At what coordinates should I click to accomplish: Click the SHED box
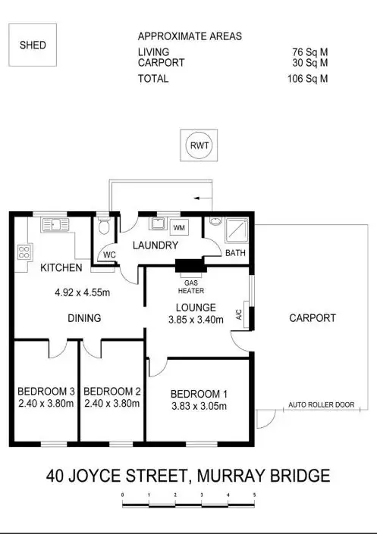pyautogui.click(x=33, y=45)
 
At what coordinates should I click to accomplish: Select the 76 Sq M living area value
pyautogui.click(x=311, y=52)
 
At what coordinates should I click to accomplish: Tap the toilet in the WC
pyautogui.click(x=104, y=227)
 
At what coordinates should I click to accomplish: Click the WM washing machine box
pyautogui.click(x=179, y=227)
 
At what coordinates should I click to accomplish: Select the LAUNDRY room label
pyautogui.click(x=156, y=245)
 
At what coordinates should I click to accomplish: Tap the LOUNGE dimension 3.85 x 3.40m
pyautogui.click(x=196, y=320)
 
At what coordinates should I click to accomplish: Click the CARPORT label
pyautogui.click(x=312, y=318)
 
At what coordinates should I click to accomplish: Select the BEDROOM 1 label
pyautogui.click(x=198, y=394)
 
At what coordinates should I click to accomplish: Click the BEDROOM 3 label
pyautogui.click(x=46, y=391)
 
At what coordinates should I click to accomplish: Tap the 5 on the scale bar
pyautogui.click(x=254, y=494)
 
